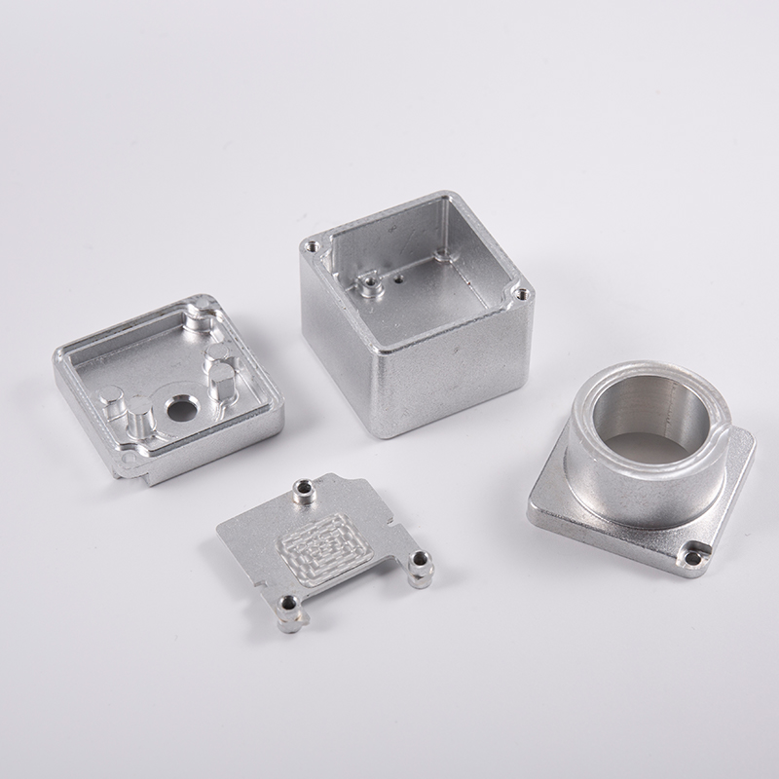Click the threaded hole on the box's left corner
(313, 246)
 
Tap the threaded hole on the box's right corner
(521, 292)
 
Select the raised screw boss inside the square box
(368, 283)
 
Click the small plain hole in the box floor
(399, 277)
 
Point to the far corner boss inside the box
(443, 255)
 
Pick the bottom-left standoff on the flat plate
(286, 611)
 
